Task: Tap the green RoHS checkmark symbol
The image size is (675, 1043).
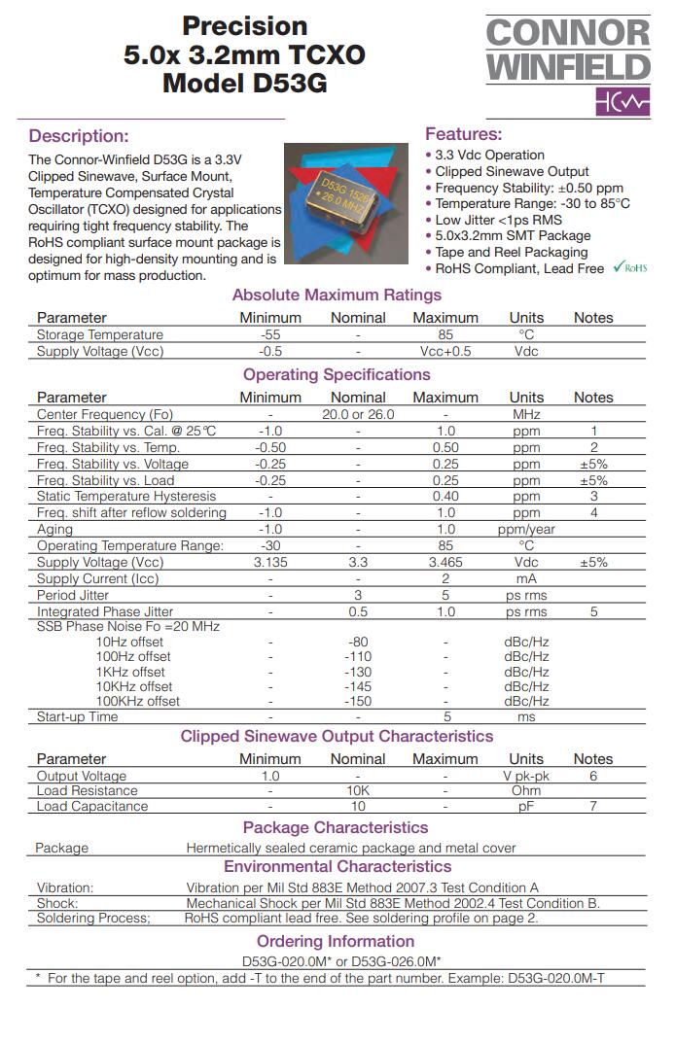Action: [x=619, y=267]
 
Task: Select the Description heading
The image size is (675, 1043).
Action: [x=79, y=136]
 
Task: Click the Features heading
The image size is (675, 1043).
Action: [x=464, y=134]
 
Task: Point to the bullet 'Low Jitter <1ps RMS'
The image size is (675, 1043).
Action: [x=499, y=220]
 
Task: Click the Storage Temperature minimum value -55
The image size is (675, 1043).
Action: [x=270, y=334]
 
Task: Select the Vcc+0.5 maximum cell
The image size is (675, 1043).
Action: [x=445, y=351]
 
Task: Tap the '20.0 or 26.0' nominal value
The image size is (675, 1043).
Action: [x=358, y=414]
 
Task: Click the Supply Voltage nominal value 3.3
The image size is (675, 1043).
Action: [x=358, y=562]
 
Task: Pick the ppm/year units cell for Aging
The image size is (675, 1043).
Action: [x=526, y=529]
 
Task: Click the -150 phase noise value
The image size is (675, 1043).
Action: [x=358, y=701]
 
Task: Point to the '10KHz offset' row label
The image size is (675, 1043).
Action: [x=134, y=686]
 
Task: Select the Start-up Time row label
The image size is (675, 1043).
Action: [x=78, y=716]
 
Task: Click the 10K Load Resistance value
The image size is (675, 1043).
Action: [x=358, y=791]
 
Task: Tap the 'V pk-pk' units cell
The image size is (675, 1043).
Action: [x=526, y=776]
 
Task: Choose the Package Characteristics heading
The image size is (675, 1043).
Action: [x=336, y=827]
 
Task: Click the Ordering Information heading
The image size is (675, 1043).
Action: [x=336, y=941]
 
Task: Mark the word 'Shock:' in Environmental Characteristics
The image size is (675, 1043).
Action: [x=58, y=902]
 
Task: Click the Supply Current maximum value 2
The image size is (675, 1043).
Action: [x=445, y=578]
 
